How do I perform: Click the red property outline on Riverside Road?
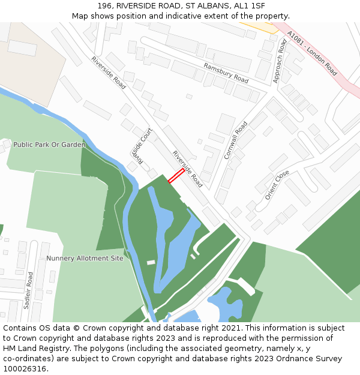click(x=176, y=175)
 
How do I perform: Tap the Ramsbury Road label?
click(x=226, y=73)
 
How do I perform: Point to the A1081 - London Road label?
click(x=312, y=53)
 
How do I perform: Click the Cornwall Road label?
click(x=236, y=140)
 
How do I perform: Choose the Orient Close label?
click(x=277, y=185)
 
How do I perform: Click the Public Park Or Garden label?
click(x=49, y=145)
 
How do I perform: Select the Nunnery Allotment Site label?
click(x=85, y=259)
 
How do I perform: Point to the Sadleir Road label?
click(x=29, y=290)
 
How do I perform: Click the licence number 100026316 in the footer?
click(x=25, y=369)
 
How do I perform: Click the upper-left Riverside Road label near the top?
click(x=109, y=73)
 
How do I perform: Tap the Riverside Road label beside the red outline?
click(x=188, y=169)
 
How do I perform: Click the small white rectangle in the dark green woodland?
click(x=151, y=262)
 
